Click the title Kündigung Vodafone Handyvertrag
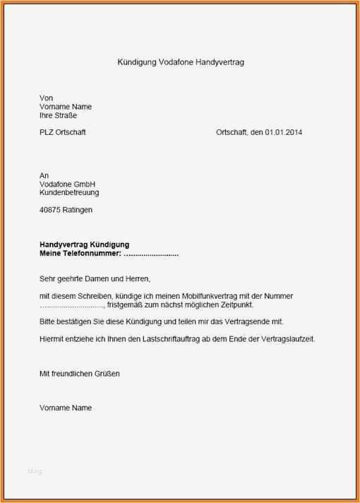(x=181, y=62)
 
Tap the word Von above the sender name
(x=47, y=97)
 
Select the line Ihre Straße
(x=59, y=115)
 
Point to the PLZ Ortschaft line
(x=63, y=132)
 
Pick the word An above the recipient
(x=44, y=175)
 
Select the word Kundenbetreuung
(x=69, y=192)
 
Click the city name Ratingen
(x=78, y=210)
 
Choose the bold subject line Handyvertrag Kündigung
(x=84, y=244)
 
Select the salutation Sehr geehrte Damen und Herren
(x=95, y=278)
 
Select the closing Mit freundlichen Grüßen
(x=80, y=374)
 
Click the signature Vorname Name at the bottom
(x=66, y=408)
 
